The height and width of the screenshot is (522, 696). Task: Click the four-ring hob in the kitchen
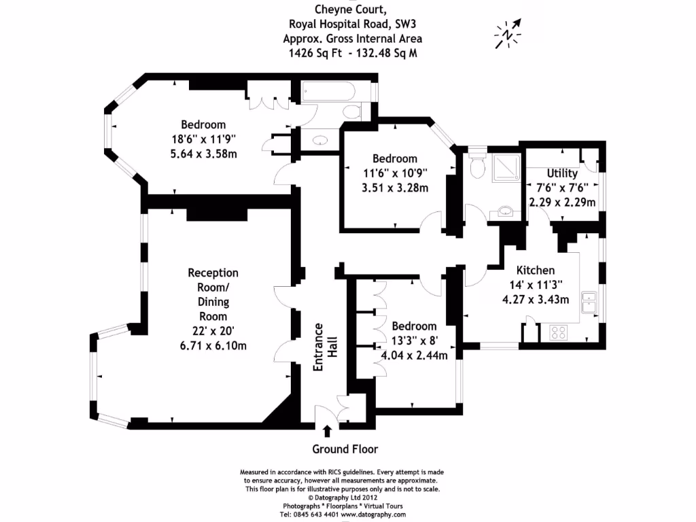coord(559,333)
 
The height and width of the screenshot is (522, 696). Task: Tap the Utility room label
coord(561,174)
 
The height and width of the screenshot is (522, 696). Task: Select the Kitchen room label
coord(535,270)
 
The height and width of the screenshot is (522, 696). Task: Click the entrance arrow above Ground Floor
coord(327,430)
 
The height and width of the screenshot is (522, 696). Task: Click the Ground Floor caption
coord(345,449)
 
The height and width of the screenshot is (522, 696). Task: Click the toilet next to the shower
coord(477,163)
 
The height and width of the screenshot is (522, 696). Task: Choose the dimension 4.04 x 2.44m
coord(414,354)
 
